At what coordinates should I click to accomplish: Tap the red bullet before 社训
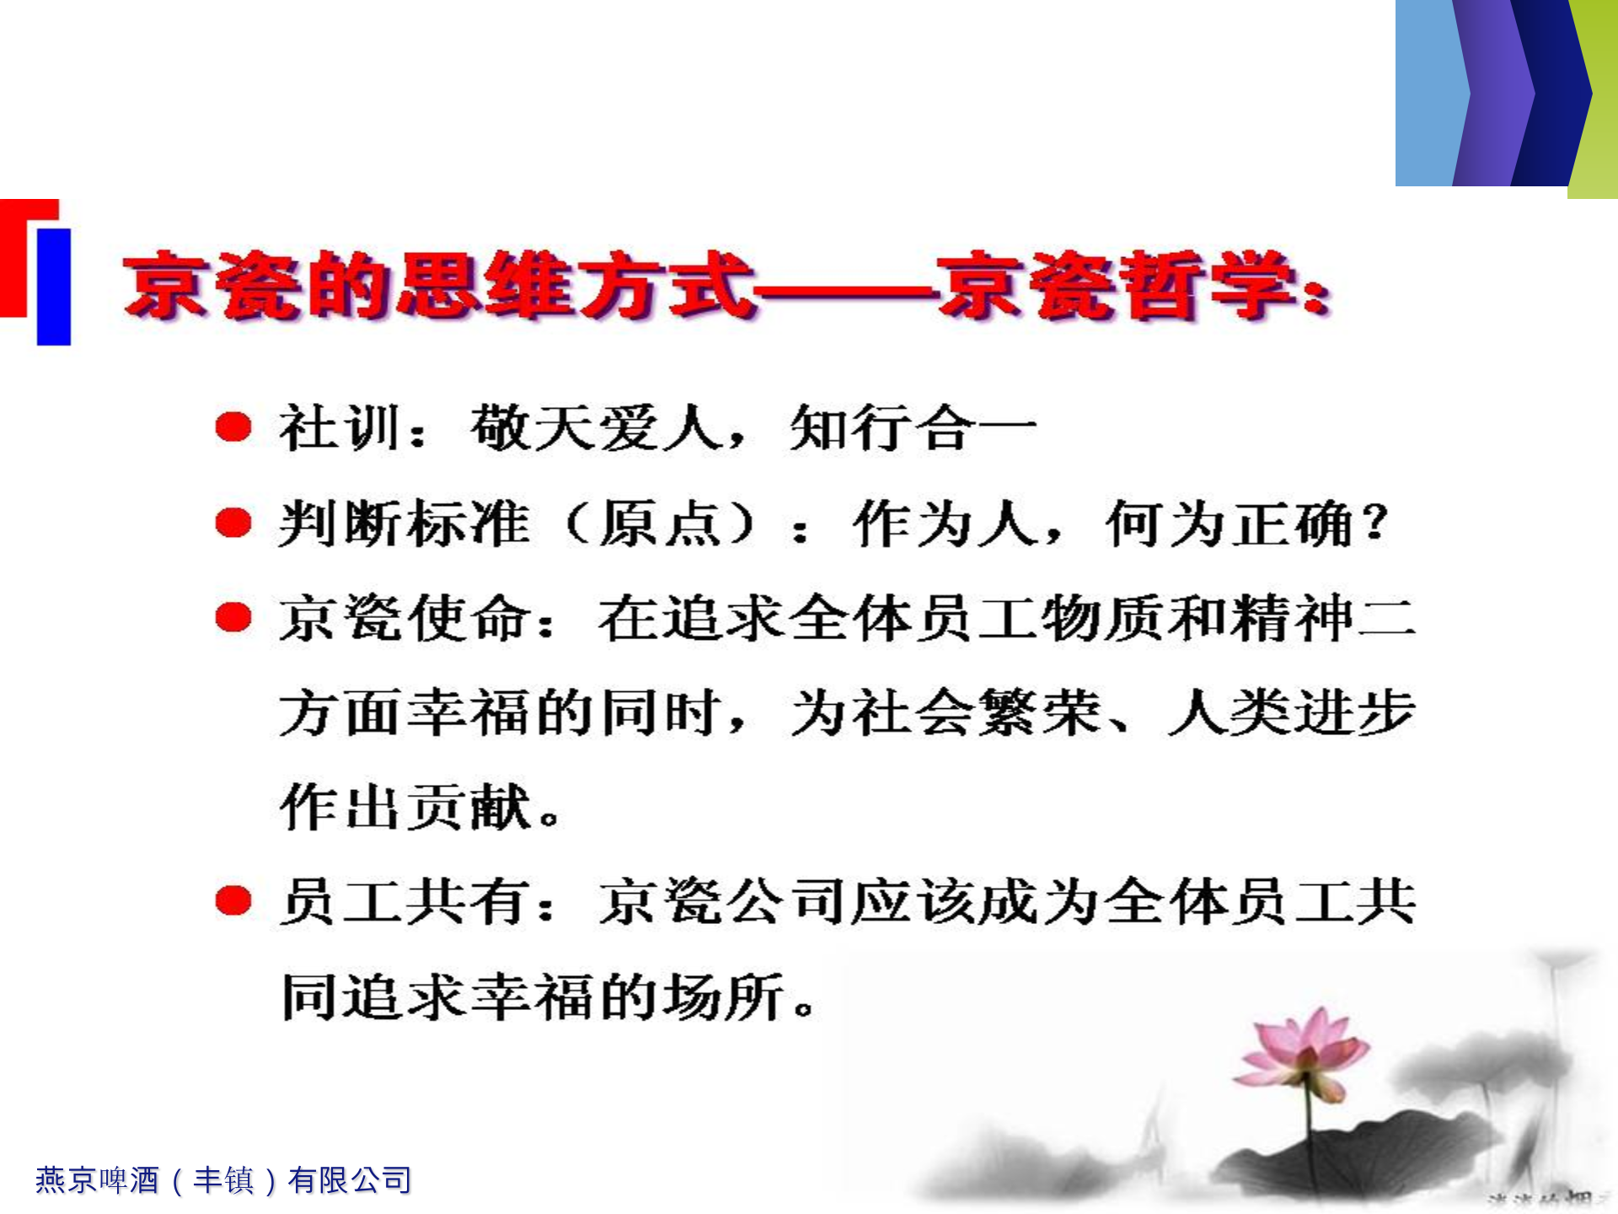[x=233, y=427]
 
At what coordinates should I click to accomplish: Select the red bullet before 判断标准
[x=233, y=523]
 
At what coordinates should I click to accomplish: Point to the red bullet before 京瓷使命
[x=233, y=617]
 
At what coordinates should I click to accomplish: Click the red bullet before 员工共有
[x=233, y=900]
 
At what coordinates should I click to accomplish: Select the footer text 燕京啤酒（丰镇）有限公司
[x=223, y=1179]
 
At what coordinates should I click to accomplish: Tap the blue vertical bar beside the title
[x=54, y=287]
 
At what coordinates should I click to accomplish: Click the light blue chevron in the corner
[x=1428, y=93]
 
